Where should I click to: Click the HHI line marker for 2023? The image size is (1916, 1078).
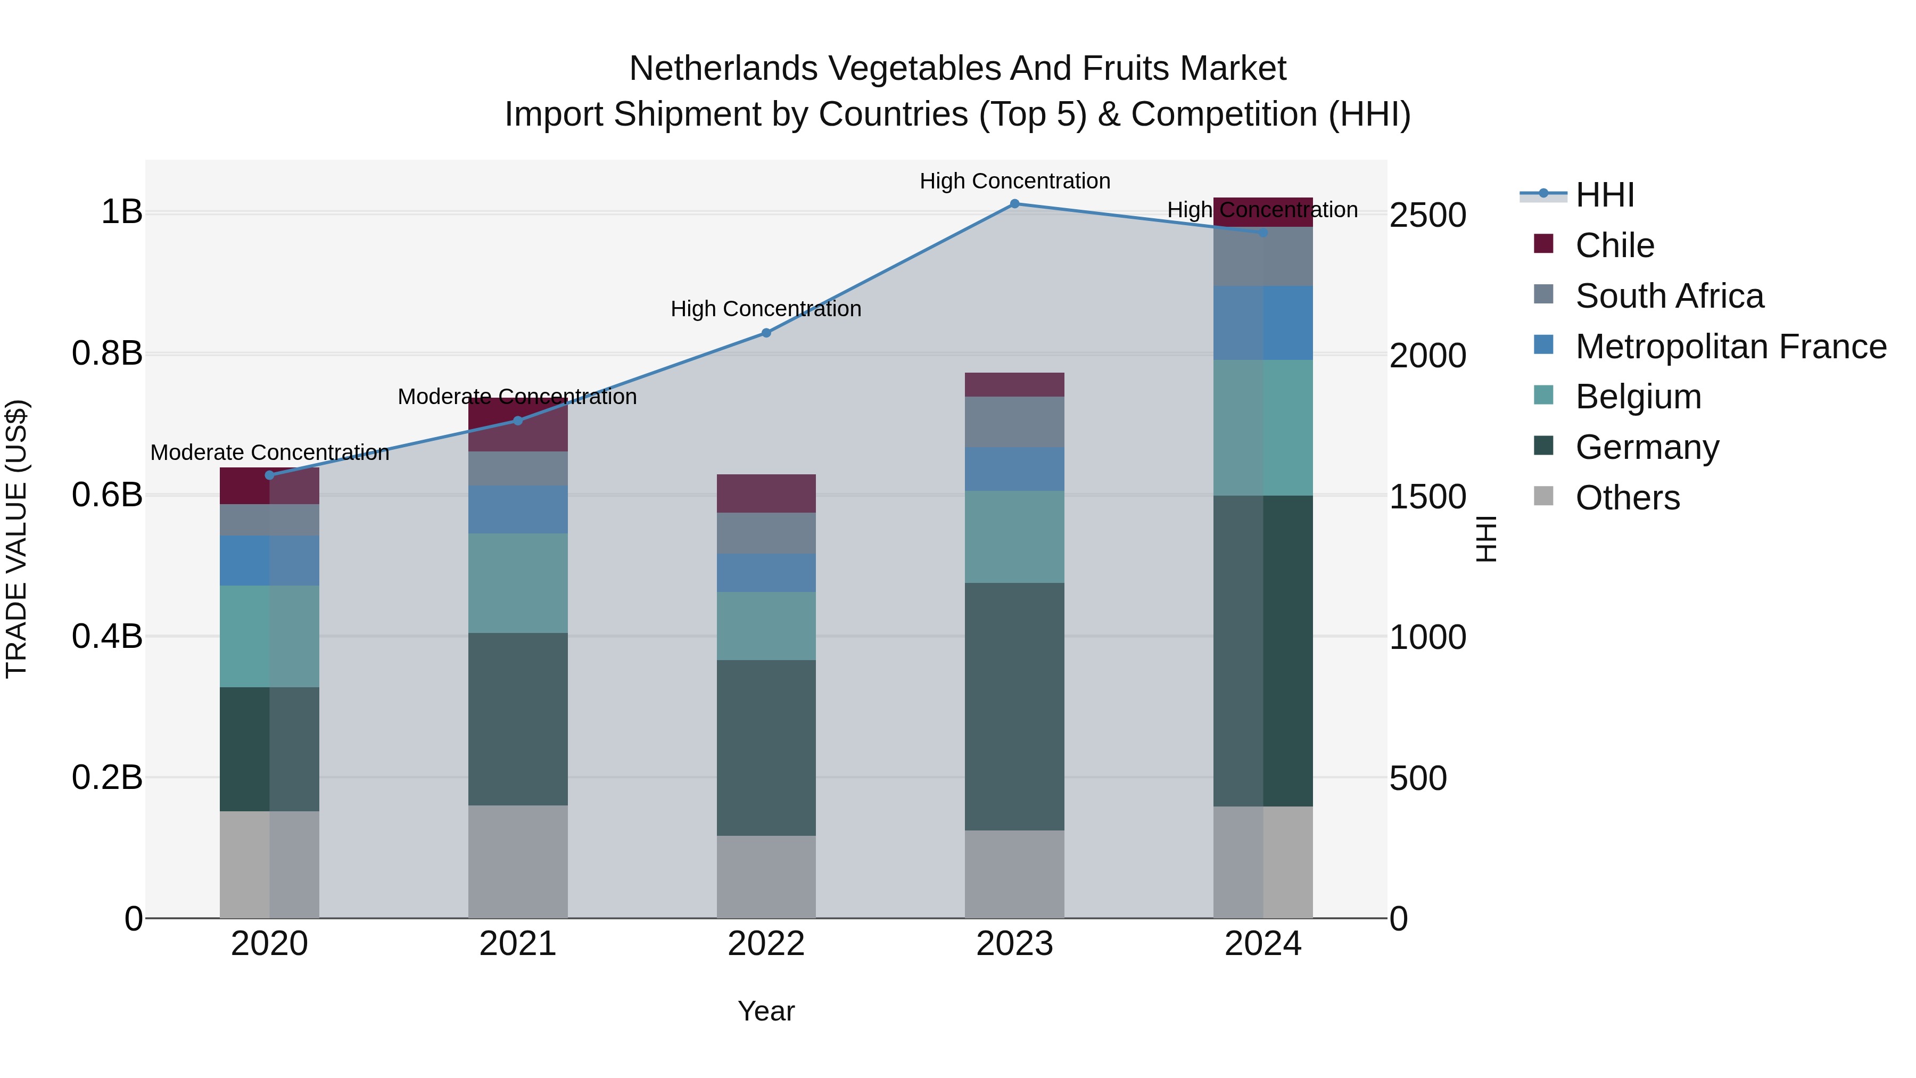1014,204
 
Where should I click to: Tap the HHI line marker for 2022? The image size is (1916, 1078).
766,333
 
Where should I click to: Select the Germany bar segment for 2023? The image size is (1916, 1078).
1014,707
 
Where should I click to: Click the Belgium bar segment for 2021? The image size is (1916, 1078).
518,583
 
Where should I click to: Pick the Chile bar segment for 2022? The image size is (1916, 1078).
766,493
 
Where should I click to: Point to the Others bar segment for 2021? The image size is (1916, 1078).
518,861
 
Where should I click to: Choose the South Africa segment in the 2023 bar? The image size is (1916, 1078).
1014,422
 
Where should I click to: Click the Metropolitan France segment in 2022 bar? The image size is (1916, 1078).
766,573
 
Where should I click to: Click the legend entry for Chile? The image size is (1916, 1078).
1614,245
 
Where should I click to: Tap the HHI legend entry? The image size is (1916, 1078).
1604,195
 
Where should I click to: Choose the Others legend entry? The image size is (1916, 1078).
1626,498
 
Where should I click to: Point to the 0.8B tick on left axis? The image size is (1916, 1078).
107,353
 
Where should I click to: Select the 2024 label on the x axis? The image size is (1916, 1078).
1262,944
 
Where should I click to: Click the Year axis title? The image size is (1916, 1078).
766,1011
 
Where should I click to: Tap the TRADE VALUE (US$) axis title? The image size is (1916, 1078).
16,539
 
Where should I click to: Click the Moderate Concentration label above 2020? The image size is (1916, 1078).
269,452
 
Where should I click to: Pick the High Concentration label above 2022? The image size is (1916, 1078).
766,309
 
